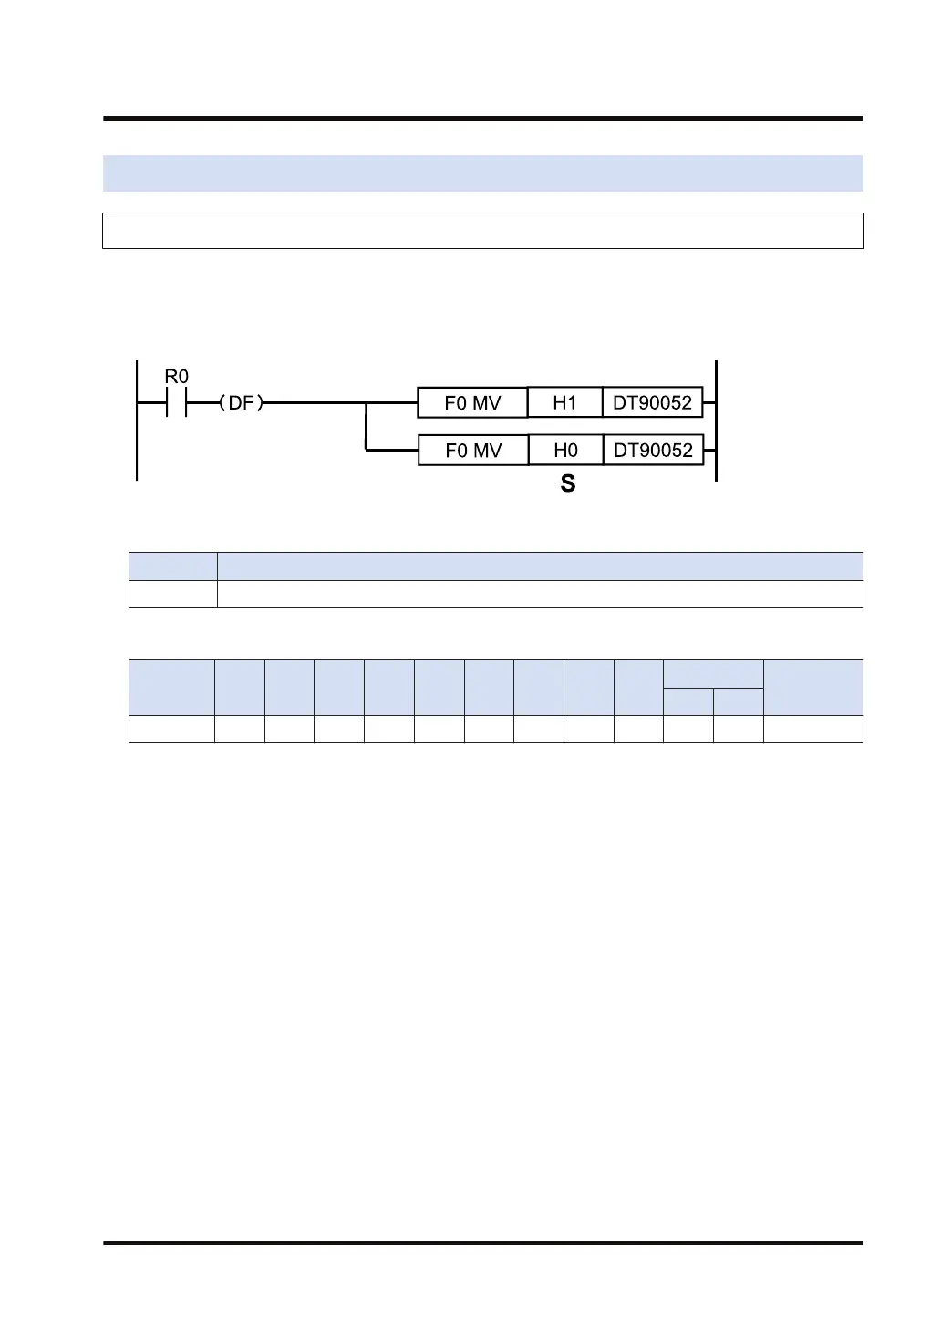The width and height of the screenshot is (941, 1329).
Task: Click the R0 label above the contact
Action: click(x=176, y=376)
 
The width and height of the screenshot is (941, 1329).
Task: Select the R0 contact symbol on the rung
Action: click(x=176, y=402)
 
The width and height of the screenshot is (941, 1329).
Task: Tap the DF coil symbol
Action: click(x=241, y=402)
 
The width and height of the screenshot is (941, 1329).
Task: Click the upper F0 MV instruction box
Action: click(x=472, y=402)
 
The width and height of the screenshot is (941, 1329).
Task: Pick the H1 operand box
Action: click(x=564, y=402)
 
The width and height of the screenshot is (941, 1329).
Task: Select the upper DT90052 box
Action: click(x=652, y=402)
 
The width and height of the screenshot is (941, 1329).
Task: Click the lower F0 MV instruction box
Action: click(x=472, y=450)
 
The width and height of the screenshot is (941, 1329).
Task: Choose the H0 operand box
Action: click(x=565, y=450)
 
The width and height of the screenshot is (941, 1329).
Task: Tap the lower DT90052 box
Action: click(x=653, y=450)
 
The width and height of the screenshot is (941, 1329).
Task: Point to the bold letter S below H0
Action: click(x=568, y=484)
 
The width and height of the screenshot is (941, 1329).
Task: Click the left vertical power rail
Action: click(x=137, y=429)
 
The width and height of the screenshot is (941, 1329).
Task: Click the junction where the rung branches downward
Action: click(x=366, y=402)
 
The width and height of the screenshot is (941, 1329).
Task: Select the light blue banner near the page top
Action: click(x=482, y=172)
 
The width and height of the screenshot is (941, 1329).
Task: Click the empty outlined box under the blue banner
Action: click(x=482, y=231)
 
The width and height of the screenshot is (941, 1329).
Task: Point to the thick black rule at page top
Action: click(x=482, y=119)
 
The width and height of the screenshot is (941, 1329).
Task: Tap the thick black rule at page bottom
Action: click(x=482, y=1242)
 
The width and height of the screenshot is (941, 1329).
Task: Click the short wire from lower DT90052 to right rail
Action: click(x=709, y=450)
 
